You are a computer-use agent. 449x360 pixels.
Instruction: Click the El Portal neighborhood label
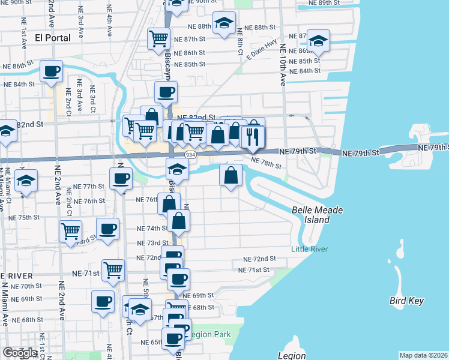point(53,37)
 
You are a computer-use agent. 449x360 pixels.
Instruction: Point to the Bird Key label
point(406,301)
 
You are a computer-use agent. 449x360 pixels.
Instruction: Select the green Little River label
point(309,249)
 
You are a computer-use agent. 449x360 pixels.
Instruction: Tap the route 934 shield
point(190,155)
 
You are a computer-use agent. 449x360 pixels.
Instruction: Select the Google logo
point(20,353)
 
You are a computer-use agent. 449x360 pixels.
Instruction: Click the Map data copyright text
point(423,355)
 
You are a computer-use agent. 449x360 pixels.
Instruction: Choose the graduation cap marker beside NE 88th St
point(224,23)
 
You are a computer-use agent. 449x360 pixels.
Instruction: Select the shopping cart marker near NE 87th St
point(159,38)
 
